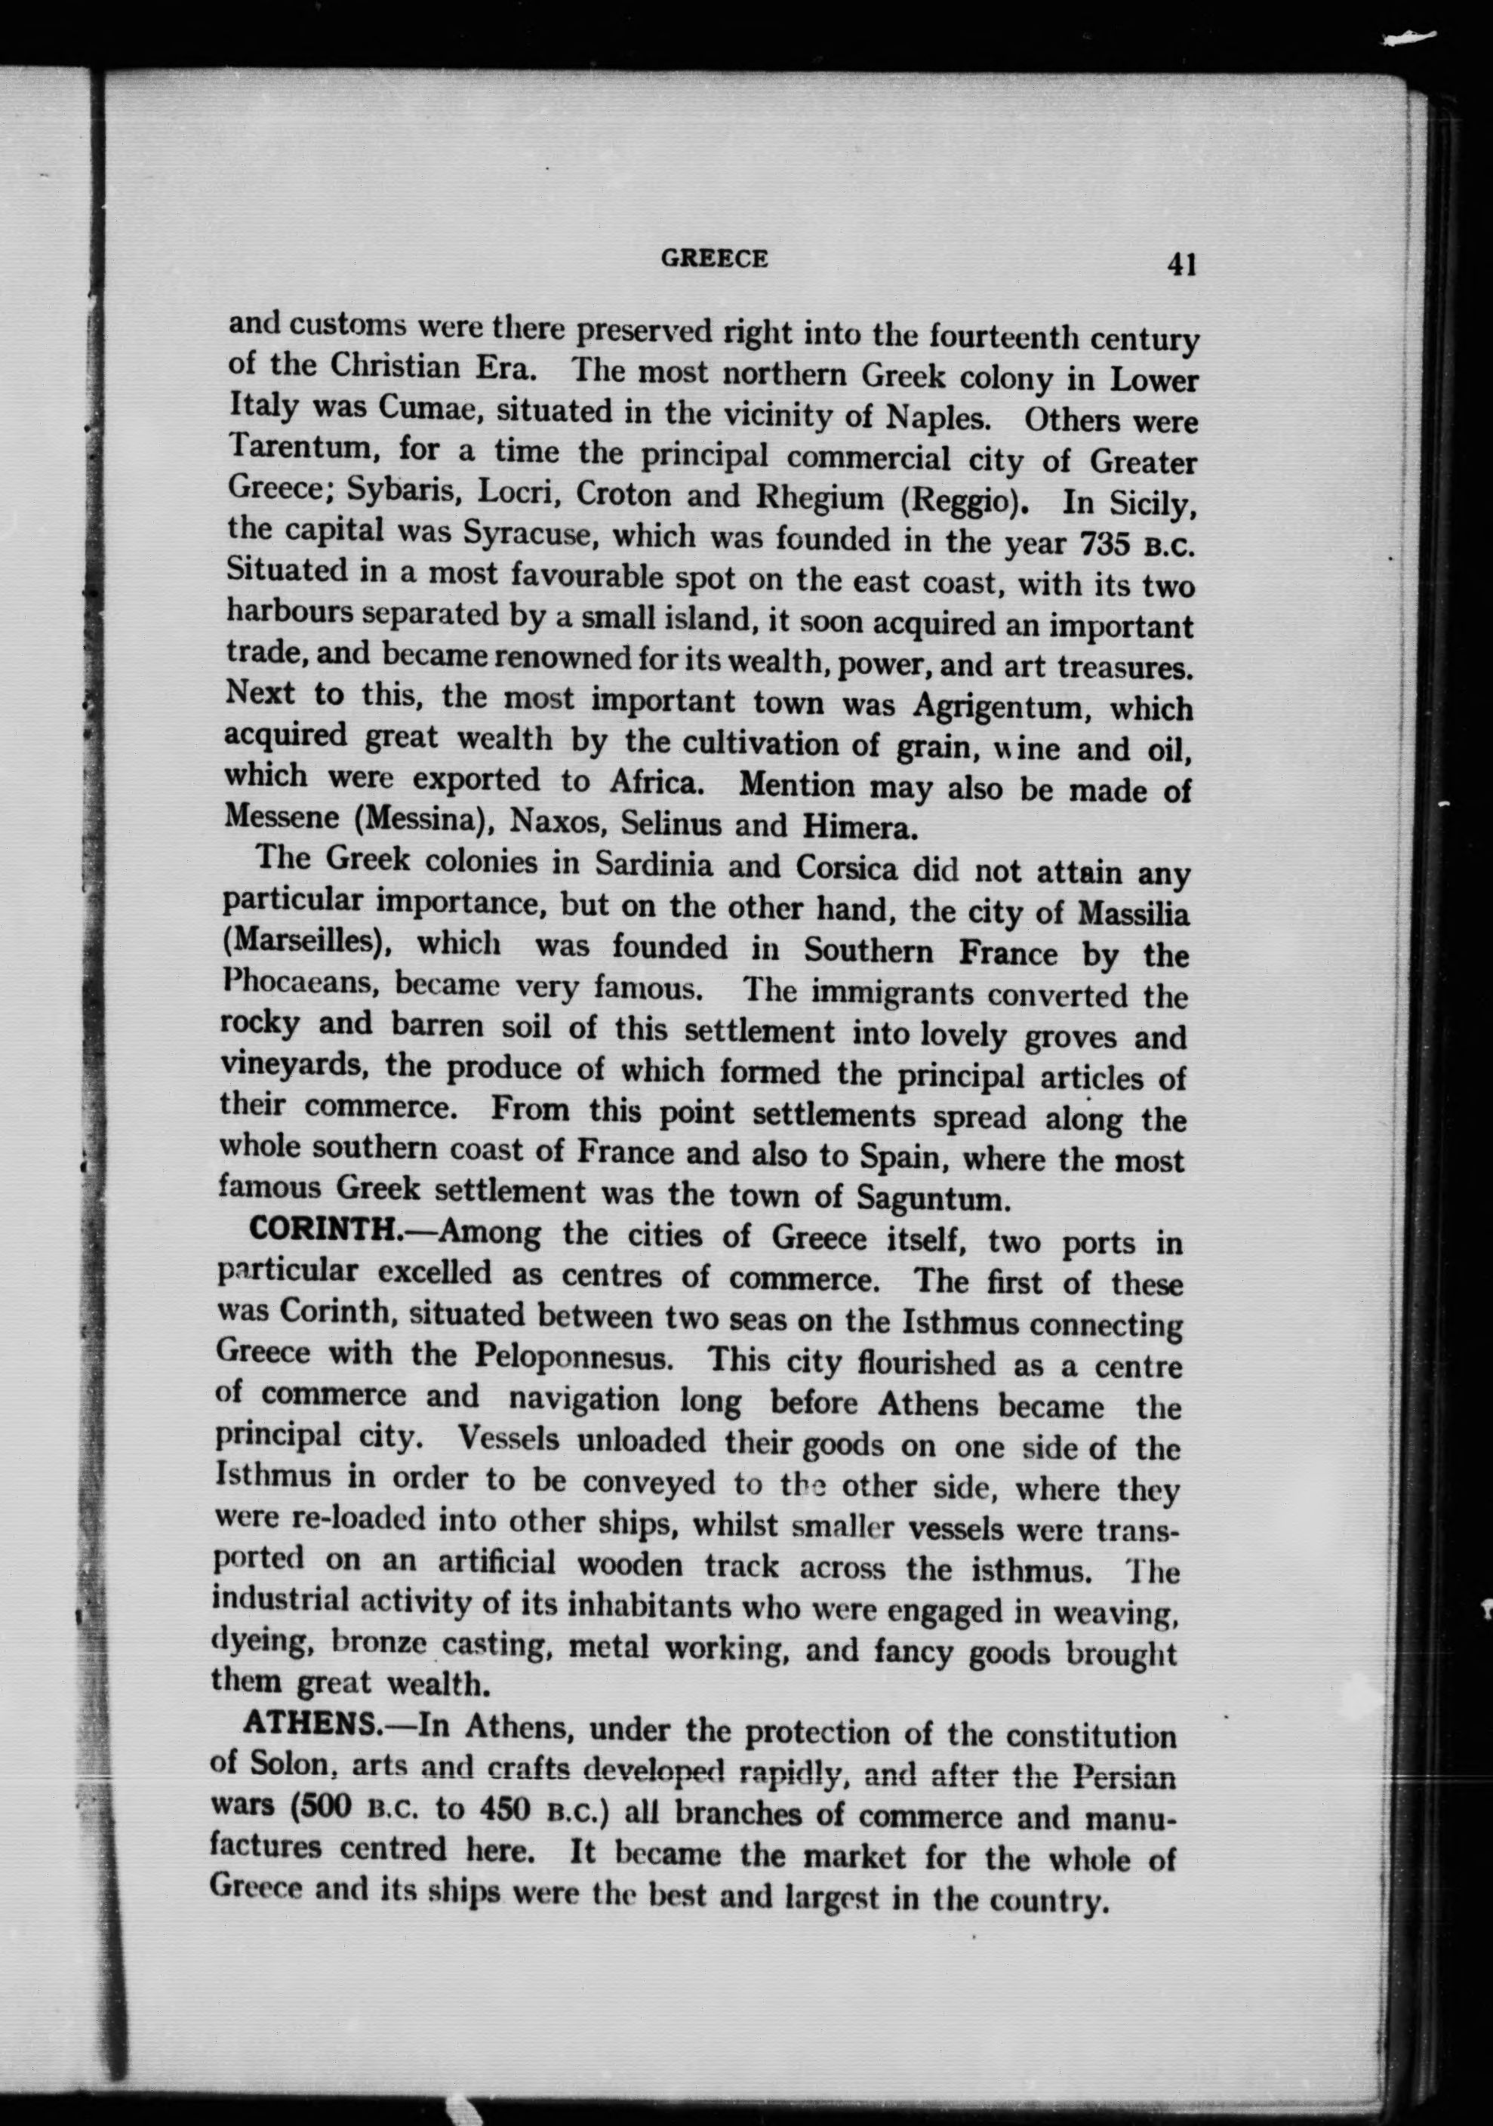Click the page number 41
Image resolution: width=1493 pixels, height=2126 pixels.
[1182, 265]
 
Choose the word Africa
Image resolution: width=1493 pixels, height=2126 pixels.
[657, 783]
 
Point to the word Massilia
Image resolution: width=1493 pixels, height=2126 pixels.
[1134, 915]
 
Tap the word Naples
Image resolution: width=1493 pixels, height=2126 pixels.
[937, 417]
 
